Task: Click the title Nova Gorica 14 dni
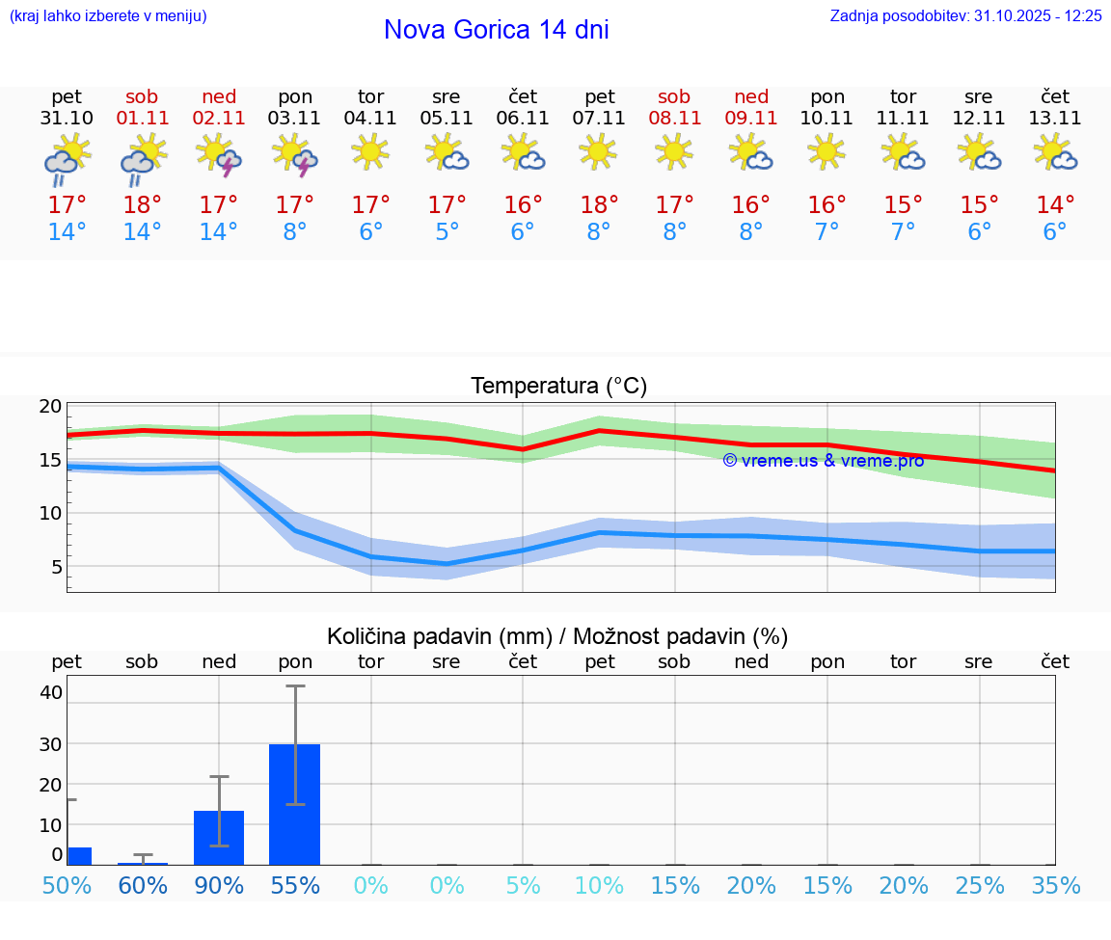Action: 496,30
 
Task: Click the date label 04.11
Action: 370,119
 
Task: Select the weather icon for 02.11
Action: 219,154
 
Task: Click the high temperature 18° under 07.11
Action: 599,204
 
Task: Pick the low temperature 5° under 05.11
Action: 447,232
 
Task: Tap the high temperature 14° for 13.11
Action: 1055,204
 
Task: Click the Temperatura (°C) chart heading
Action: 558,387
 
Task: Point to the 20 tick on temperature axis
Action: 51,407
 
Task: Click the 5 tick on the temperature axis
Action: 57,567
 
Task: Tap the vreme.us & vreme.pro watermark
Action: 824,461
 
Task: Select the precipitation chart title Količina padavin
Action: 557,636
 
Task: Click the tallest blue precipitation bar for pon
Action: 294,804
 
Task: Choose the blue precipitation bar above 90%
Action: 219,837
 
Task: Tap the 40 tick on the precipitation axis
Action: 51,692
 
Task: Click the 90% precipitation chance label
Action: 219,886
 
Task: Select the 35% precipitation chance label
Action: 1055,886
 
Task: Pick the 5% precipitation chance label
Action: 523,886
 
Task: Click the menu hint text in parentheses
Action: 108,15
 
